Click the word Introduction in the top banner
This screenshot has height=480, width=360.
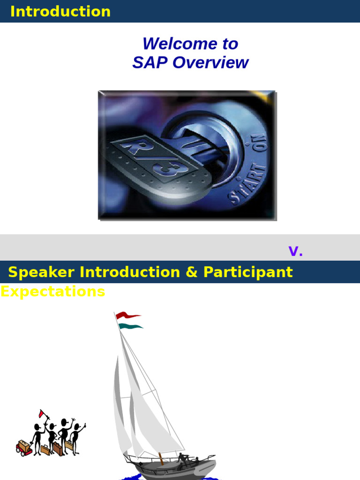pos(60,11)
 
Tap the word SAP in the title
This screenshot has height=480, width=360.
pos(150,62)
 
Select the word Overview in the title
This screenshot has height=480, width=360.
pos(210,62)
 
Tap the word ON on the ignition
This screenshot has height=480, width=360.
pos(260,143)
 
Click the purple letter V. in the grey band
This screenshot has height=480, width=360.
pos(295,251)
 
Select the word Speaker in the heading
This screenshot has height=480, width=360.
pos(41,272)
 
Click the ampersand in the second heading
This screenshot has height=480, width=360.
pos(192,272)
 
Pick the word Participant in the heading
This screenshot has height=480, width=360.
pos(248,272)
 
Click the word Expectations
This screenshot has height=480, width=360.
pos(53,291)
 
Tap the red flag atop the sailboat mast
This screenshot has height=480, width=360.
pos(128,315)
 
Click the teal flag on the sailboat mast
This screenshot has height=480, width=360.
pos(130,326)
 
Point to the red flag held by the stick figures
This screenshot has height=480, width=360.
pos(42,413)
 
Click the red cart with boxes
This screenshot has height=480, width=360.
pos(24,448)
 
